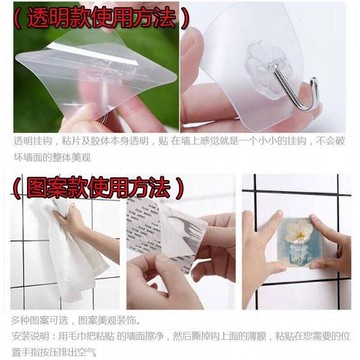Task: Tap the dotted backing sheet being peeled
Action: click(x=160, y=240)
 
